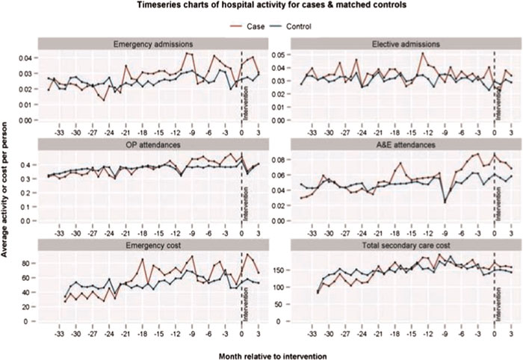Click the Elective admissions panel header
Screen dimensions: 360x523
click(402, 43)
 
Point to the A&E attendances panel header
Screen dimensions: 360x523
click(402, 142)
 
